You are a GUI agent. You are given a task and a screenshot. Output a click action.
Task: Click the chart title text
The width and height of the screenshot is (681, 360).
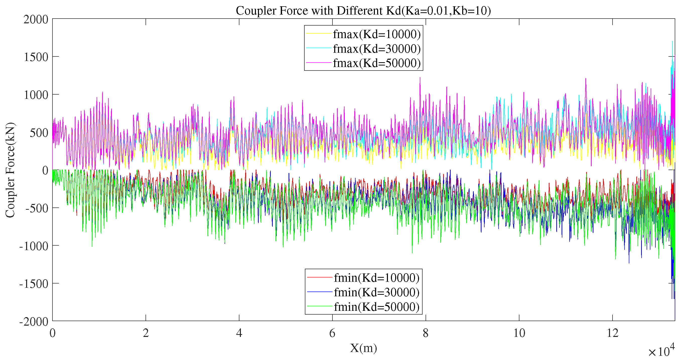[x=363, y=11]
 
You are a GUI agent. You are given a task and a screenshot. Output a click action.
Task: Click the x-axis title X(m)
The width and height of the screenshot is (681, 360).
[x=363, y=348]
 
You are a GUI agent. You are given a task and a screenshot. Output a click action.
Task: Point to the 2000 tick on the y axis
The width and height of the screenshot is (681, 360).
[x=36, y=20]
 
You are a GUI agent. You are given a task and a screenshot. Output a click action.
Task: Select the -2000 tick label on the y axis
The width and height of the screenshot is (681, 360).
[x=34, y=322]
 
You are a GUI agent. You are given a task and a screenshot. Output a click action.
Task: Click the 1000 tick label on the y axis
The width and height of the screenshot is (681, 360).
[x=36, y=95]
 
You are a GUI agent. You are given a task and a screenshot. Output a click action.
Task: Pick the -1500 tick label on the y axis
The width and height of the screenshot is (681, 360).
[x=34, y=284]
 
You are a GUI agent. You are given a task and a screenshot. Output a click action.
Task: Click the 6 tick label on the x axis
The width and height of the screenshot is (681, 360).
[x=332, y=333]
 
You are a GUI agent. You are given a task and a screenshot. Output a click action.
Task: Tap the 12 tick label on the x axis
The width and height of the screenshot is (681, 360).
[x=612, y=333]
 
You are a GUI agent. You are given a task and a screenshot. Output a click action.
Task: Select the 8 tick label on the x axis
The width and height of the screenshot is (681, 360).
[x=426, y=333]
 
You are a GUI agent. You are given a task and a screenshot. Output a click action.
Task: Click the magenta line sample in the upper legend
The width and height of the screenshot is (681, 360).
[x=319, y=63]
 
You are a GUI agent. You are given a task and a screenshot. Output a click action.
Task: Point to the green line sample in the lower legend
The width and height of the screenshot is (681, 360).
[x=319, y=307]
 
